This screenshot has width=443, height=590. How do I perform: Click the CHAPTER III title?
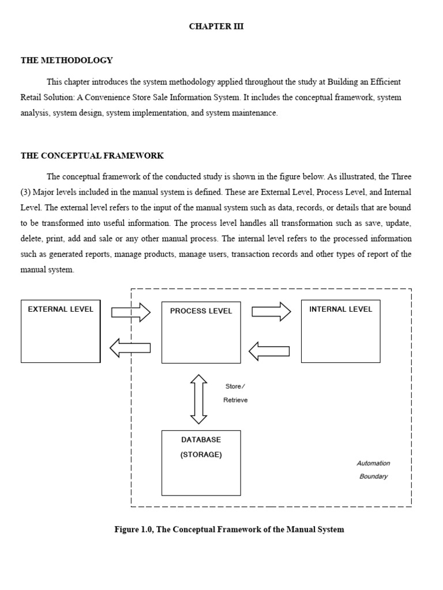tap(216, 27)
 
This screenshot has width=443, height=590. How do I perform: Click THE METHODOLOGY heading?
tap(67, 60)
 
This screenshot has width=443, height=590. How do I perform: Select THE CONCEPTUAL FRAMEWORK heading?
tap(92, 156)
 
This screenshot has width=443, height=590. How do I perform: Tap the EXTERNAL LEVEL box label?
tap(61, 309)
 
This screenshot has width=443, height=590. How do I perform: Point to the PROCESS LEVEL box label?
tap(201, 311)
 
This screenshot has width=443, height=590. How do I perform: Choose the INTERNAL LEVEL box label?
tap(340, 309)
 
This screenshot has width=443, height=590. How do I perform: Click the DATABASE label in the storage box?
tap(201, 440)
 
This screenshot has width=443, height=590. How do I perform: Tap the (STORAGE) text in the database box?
tap(201, 455)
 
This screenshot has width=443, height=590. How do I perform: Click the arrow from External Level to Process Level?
tap(131, 312)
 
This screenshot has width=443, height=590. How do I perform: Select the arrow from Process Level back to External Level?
tap(130, 347)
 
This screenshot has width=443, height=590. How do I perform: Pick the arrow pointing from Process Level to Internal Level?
tap(271, 312)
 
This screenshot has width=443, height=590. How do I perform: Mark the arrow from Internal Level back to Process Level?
tap(269, 350)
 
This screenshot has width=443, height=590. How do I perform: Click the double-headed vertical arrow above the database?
tap(198, 399)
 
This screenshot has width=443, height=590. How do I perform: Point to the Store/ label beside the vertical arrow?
tap(235, 387)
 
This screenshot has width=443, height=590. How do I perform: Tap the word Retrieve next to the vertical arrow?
tap(235, 400)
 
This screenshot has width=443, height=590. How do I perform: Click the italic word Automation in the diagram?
tap(373, 463)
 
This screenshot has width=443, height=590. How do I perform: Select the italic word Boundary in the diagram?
tap(373, 476)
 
